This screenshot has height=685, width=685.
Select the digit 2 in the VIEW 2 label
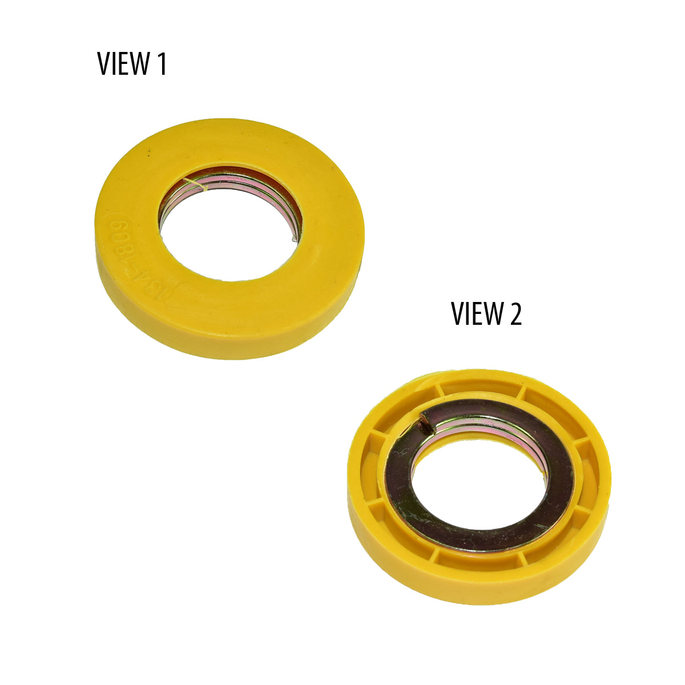[515, 313]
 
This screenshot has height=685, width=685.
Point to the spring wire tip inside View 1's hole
[294, 238]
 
